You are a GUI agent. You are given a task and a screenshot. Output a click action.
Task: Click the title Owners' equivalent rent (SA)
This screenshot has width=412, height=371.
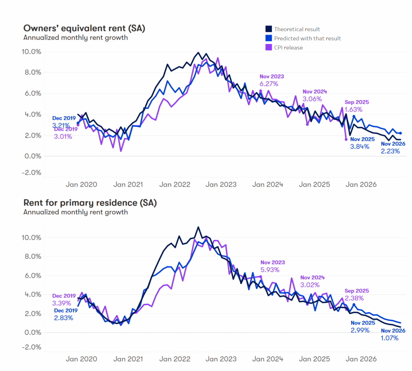(84, 28)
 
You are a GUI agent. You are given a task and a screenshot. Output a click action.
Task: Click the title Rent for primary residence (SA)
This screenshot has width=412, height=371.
(90, 202)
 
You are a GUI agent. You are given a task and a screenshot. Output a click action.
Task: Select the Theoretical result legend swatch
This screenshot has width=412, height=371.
(268, 29)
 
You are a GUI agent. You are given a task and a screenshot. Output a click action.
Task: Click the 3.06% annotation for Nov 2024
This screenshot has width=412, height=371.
(312, 99)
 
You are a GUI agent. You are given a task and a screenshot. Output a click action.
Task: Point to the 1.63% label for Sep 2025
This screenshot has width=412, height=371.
(353, 109)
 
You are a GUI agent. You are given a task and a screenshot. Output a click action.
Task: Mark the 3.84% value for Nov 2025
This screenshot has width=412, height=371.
(359, 146)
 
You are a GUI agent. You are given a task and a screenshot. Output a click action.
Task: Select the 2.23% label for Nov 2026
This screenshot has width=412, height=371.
(390, 151)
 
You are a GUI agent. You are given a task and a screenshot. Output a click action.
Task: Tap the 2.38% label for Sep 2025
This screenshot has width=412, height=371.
(354, 298)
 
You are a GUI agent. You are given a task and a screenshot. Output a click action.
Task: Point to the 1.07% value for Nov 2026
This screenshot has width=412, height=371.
(389, 338)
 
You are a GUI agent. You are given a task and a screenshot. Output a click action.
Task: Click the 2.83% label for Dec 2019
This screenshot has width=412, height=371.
(63, 318)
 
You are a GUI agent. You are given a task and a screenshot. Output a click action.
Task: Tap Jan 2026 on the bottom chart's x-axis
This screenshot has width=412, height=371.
(361, 359)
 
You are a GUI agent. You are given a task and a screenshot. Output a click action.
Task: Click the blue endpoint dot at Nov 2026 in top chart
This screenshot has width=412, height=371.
(401, 133)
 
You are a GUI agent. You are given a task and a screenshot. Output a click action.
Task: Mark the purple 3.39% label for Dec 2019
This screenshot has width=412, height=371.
(62, 303)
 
